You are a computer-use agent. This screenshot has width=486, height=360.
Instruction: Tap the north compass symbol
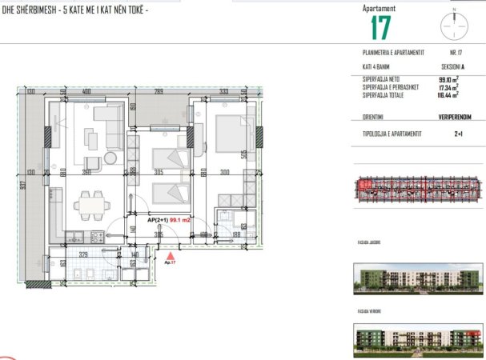pyautogui.click(x=453, y=25)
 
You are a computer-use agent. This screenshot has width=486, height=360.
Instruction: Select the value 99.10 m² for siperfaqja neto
pyautogui.click(x=447, y=79)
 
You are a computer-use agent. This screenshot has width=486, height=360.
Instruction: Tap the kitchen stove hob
pyautogui.click(x=97, y=237)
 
